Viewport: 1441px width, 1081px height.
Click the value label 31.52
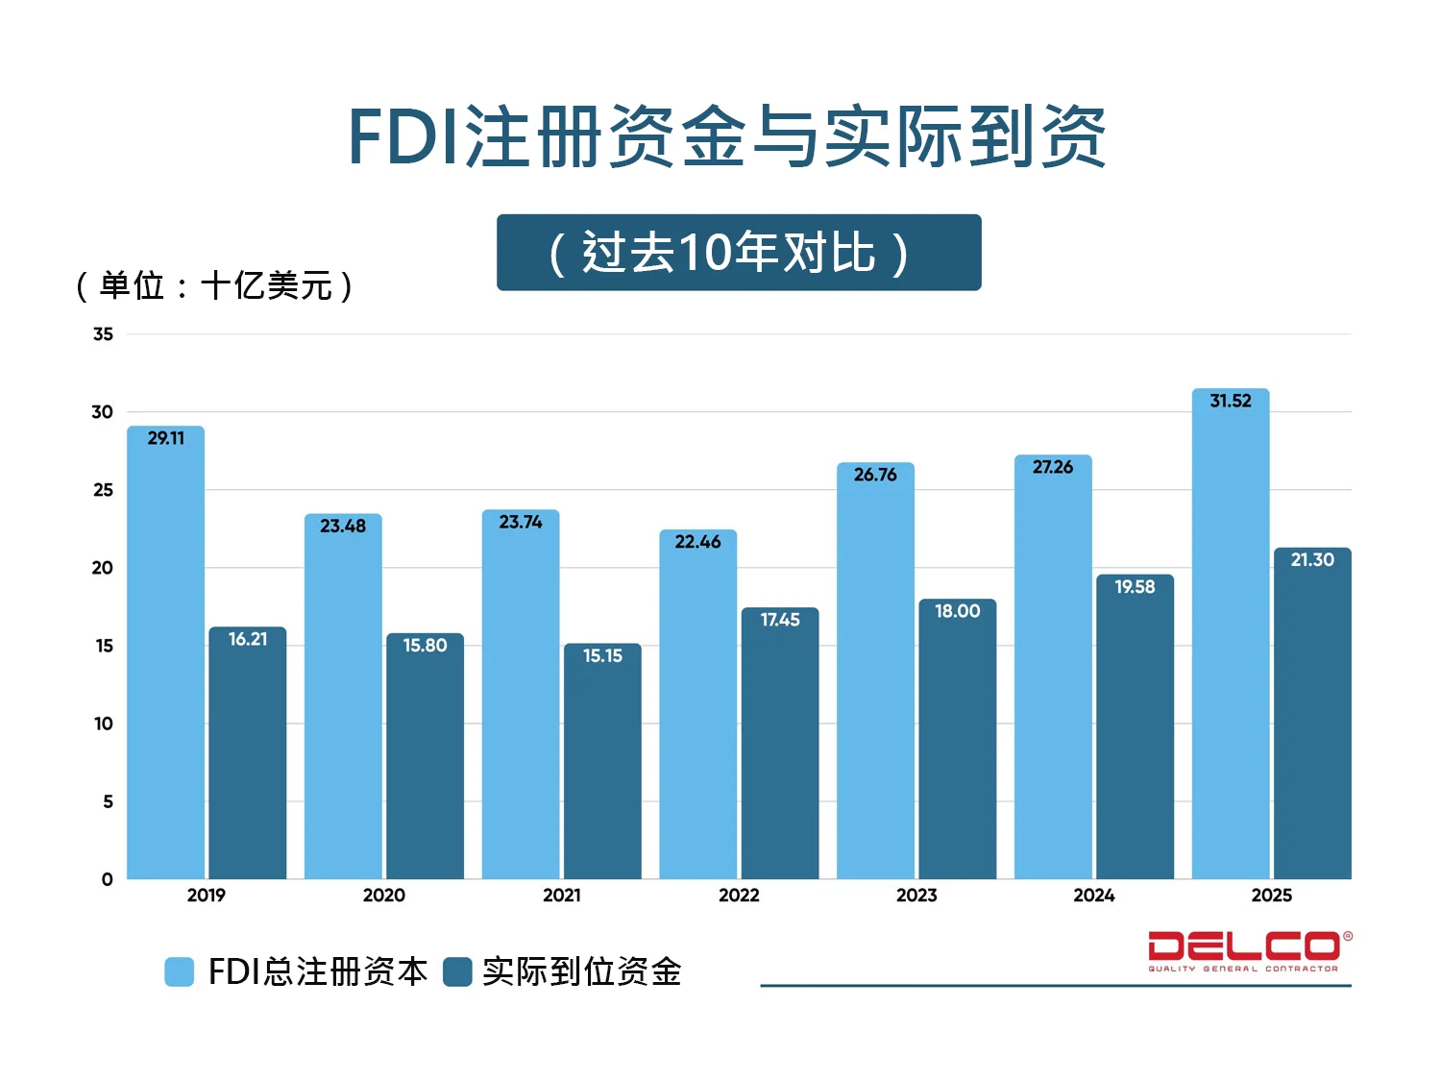[1231, 401]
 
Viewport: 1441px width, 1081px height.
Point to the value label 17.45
[780, 620]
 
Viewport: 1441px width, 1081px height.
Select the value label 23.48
[343, 526]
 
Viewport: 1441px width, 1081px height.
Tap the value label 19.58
[1135, 586]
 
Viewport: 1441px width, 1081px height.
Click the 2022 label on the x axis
[739, 896]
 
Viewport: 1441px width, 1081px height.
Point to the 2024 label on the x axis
[1093, 896]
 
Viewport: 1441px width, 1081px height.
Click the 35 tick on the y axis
[103, 334]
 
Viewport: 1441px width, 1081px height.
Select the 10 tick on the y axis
[103, 724]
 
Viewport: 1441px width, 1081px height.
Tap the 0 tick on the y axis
[107, 879]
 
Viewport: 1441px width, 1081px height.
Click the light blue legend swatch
[180, 971]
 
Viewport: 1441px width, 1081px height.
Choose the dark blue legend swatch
[457, 971]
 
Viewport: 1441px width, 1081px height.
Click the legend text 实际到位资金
[582, 971]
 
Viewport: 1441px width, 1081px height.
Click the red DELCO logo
[1247, 949]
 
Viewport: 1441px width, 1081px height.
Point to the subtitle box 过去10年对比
[739, 253]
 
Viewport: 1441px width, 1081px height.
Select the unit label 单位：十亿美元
[214, 285]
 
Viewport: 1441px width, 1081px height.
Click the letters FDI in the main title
[403, 137]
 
